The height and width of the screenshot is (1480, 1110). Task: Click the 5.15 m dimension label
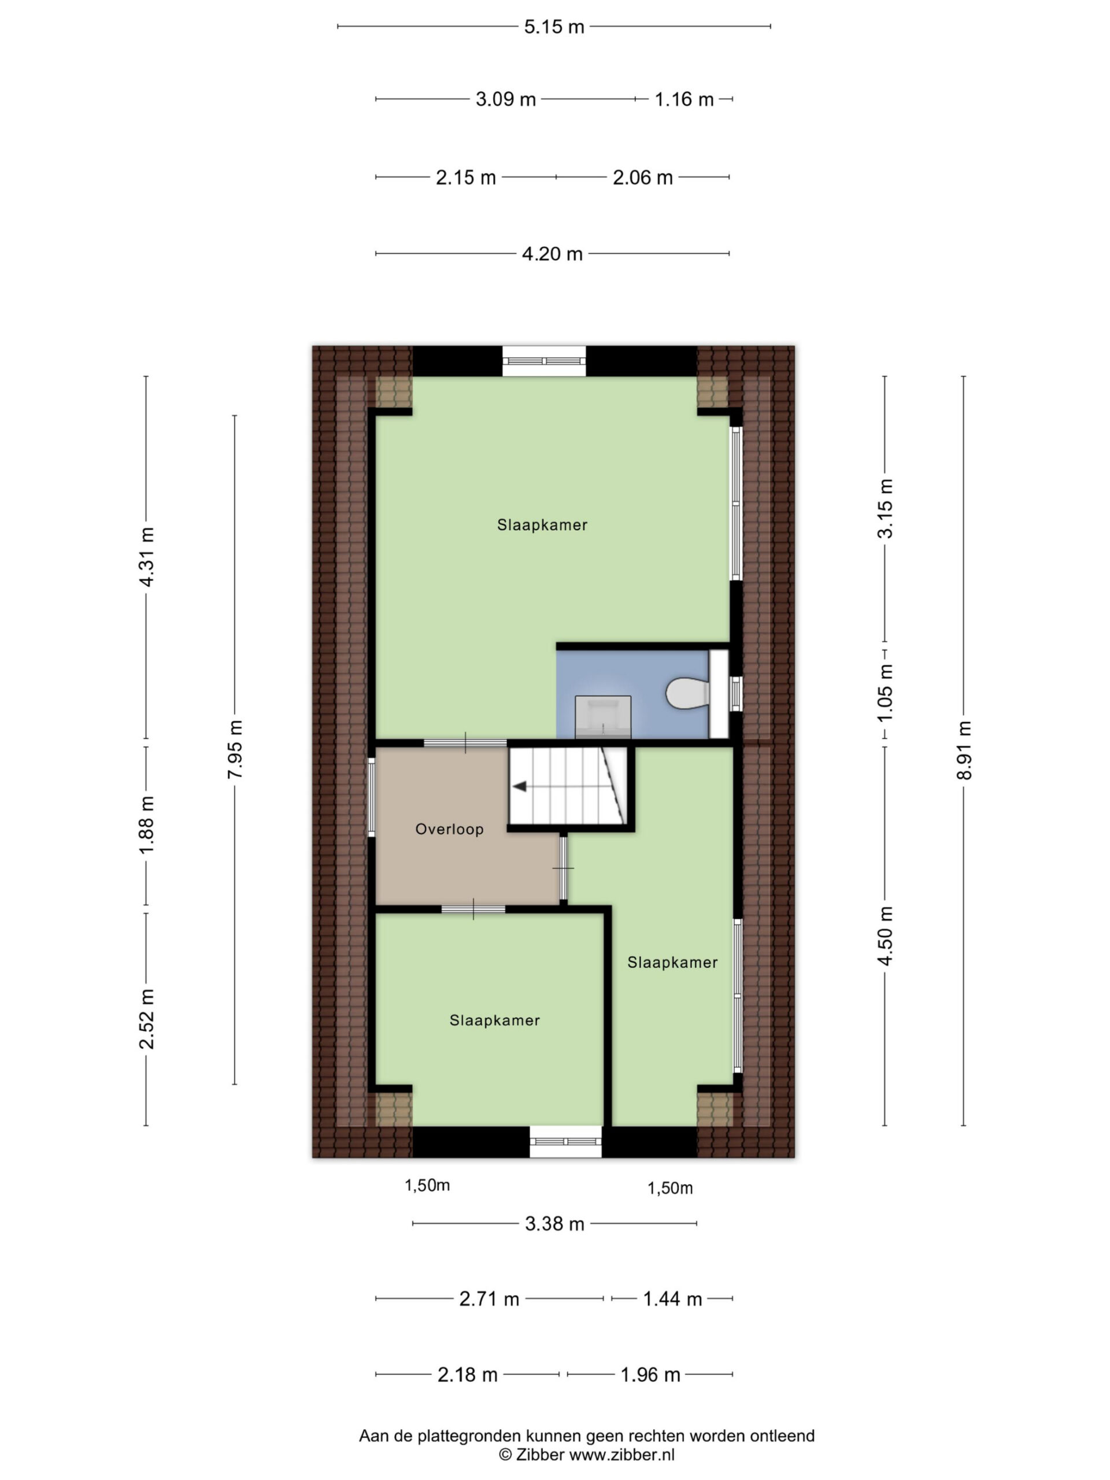pyautogui.click(x=553, y=27)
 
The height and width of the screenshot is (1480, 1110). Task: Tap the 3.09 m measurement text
pyautogui.click(x=505, y=99)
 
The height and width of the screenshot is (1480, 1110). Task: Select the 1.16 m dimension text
pyautogui.click(x=684, y=99)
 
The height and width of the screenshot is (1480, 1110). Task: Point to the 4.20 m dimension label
pyautogui.click(x=552, y=254)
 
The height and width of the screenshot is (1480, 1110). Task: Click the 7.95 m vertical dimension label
pyautogui.click(x=235, y=749)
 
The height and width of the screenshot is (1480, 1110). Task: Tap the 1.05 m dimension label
pyautogui.click(x=885, y=692)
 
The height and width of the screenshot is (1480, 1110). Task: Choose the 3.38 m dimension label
pyautogui.click(x=554, y=1224)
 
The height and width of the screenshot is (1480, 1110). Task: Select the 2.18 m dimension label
pyautogui.click(x=467, y=1374)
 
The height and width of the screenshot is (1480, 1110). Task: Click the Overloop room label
pyautogui.click(x=449, y=829)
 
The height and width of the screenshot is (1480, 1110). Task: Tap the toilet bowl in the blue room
pyautogui.click(x=687, y=693)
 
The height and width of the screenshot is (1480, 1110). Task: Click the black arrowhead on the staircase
pyautogui.click(x=519, y=786)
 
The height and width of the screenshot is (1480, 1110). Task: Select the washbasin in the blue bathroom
pyautogui.click(x=603, y=716)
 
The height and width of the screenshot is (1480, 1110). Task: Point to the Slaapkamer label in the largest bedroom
pyautogui.click(x=542, y=525)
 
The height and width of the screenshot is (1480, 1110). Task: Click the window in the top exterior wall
pyautogui.click(x=544, y=361)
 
